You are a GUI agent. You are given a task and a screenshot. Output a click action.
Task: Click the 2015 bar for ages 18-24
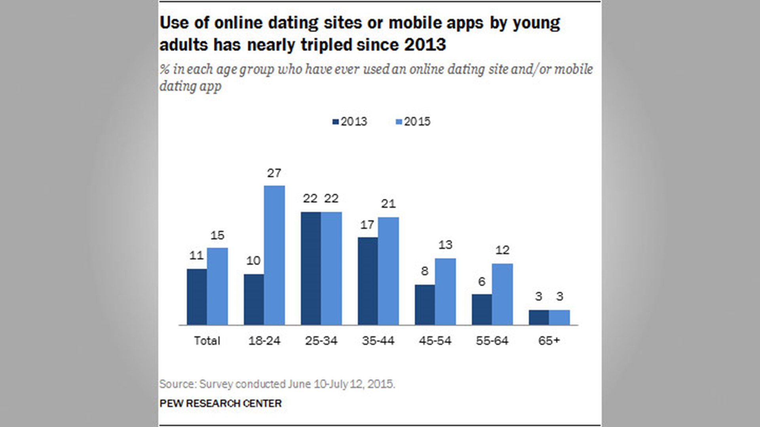point(274,255)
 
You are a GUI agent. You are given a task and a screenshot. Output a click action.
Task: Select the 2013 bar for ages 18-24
point(254,299)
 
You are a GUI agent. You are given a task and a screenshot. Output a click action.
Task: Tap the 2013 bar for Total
point(197,297)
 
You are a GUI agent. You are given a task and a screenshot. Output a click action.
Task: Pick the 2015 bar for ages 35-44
point(388,271)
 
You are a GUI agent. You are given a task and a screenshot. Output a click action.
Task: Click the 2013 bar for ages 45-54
point(425,304)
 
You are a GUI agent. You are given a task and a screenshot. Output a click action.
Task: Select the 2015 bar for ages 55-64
point(502,294)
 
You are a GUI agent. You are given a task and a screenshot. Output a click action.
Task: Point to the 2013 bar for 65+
point(539,317)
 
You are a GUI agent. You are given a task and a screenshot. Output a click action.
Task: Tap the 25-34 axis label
point(321,341)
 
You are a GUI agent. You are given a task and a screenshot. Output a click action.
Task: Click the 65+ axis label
point(549,341)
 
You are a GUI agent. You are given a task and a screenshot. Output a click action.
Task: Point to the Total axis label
point(207,341)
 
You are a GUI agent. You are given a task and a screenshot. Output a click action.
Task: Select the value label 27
point(274,173)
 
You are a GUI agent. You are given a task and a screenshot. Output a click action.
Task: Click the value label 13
point(445,245)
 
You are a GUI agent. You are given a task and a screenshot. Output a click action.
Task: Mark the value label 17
point(367,225)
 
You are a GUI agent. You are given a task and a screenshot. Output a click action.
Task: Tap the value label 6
point(482,282)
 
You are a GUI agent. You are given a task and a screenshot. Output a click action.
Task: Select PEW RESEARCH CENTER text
point(220,403)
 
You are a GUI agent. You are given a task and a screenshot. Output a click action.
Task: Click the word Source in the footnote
point(177,384)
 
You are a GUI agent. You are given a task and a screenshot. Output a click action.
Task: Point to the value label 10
point(253,261)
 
